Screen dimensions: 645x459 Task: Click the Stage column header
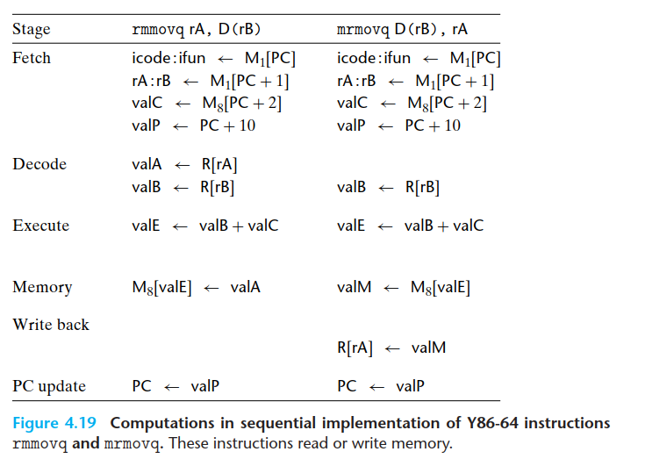[32, 30]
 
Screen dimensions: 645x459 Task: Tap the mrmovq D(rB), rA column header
[403, 30]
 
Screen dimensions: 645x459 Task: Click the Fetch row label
[32, 59]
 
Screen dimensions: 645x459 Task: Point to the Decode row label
[39, 164]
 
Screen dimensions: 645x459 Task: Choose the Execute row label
[41, 226]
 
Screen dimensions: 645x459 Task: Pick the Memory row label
[42, 287]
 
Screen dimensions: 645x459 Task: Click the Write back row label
[51, 325]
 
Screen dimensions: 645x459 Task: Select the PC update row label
[49, 385]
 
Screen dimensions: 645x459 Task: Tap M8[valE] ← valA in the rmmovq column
[197, 287]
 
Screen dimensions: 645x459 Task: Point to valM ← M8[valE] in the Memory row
[403, 287]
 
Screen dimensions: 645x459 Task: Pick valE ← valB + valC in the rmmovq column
[205, 226]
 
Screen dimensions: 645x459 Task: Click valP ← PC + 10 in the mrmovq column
[398, 126]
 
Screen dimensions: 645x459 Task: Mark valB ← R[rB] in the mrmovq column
[388, 187]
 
